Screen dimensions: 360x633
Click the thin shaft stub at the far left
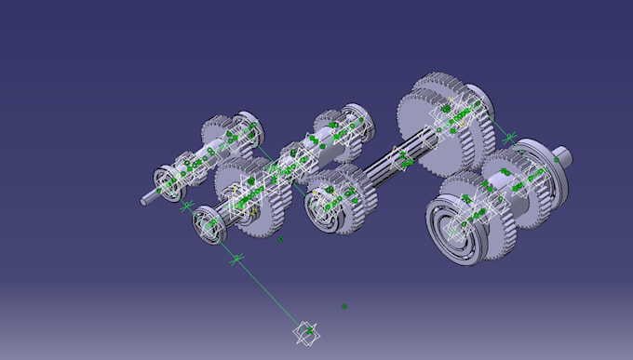pyautogui.click(x=148, y=198)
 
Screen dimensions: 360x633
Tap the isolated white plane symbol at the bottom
pyautogui.click(x=305, y=331)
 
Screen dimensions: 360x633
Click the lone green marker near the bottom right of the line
pyautogui.click(x=344, y=306)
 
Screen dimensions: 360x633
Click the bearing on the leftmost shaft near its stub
pyautogui.click(x=168, y=182)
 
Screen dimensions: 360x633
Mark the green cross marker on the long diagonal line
pyautogui.click(x=236, y=257)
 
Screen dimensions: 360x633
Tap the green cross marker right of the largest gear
pyautogui.click(x=508, y=139)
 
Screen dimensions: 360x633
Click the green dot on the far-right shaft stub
pyautogui.click(x=558, y=158)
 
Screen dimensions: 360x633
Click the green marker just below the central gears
pyautogui.click(x=280, y=239)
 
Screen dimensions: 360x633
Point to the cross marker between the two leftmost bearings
pyautogui.click(x=185, y=205)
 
